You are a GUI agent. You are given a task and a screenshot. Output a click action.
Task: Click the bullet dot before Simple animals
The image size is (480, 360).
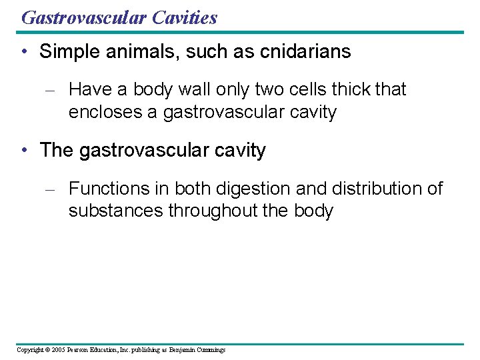[24, 52]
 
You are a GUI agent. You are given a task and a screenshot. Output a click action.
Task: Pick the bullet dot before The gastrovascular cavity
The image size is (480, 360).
[24, 151]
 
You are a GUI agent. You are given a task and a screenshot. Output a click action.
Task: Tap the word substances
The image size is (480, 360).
[115, 211]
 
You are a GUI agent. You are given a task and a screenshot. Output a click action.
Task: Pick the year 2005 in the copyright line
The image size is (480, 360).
[57, 349]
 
